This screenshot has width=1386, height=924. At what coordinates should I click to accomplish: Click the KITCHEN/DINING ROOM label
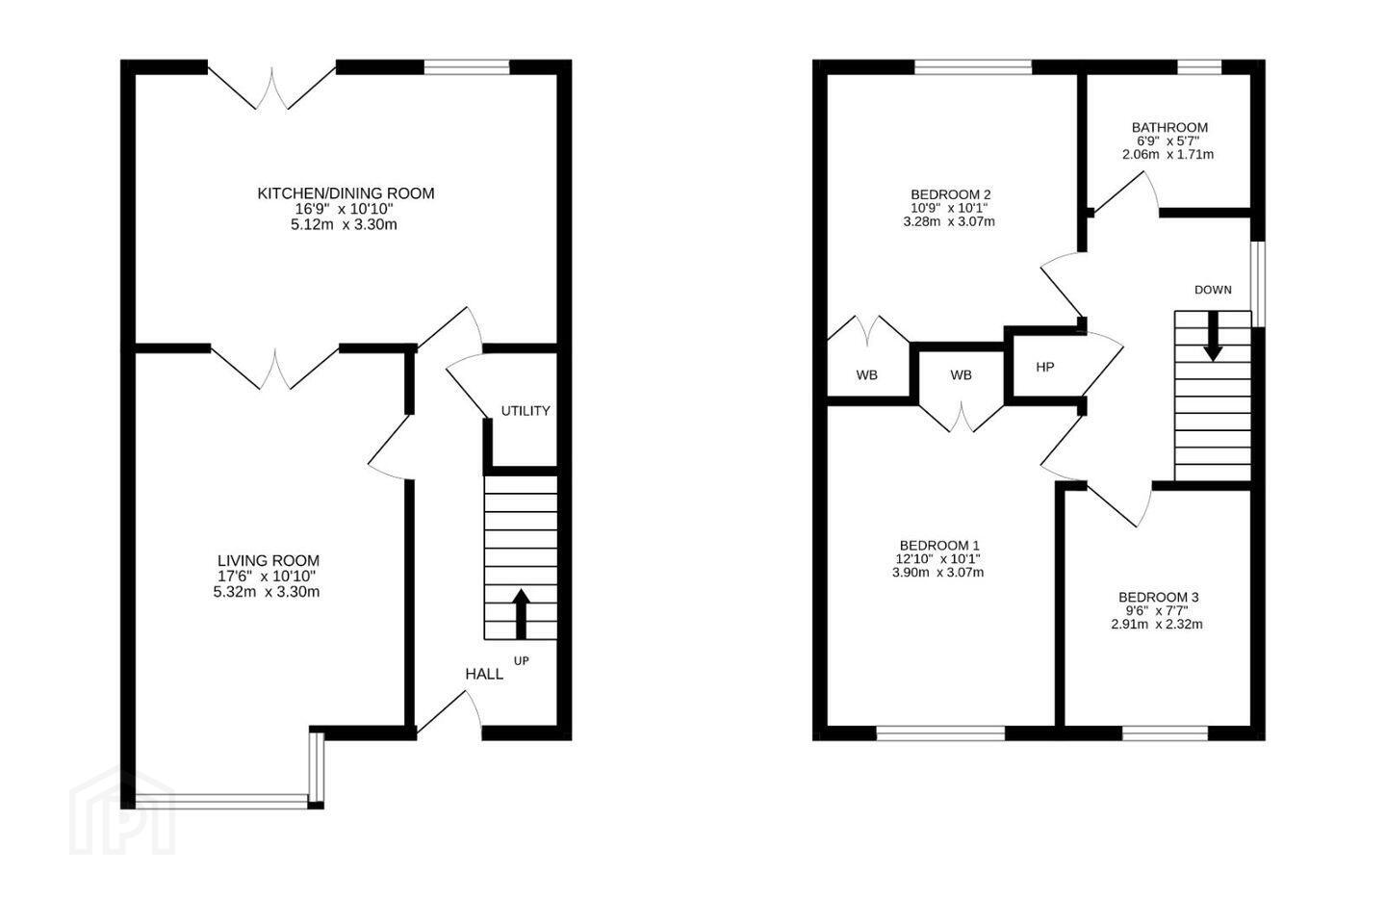[x=346, y=193]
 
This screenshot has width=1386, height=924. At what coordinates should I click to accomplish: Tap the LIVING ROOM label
[x=269, y=561]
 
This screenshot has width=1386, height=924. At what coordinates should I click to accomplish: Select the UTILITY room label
[x=526, y=411]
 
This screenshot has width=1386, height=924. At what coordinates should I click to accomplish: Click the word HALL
[x=484, y=674]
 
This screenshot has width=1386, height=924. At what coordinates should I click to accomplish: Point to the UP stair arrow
[x=522, y=613]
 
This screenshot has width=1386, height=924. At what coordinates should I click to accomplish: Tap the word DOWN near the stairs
[x=1213, y=290]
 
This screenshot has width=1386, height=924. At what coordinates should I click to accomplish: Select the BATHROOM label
[x=1169, y=127]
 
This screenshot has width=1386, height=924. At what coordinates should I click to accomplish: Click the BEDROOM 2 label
[x=950, y=194]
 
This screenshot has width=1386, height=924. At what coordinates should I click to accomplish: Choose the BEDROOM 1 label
[x=939, y=545]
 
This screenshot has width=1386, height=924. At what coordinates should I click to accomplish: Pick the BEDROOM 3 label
[x=1158, y=597]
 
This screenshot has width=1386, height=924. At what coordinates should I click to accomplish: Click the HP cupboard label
[x=1045, y=367]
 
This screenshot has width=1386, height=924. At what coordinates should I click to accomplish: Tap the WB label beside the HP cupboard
[x=961, y=375]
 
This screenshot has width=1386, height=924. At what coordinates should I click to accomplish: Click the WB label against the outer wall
[x=867, y=375]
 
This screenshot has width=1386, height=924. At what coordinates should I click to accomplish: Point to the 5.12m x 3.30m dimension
[x=344, y=224]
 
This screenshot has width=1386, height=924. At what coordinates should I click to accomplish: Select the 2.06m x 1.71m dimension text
[x=1168, y=154]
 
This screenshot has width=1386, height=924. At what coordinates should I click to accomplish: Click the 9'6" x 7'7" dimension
[x=1157, y=611]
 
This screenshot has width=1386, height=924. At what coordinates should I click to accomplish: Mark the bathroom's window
[x=1198, y=66]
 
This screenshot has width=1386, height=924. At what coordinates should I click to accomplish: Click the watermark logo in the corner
[x=122, y=811]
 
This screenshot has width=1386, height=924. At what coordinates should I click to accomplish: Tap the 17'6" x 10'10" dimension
[x=268, y=577]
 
